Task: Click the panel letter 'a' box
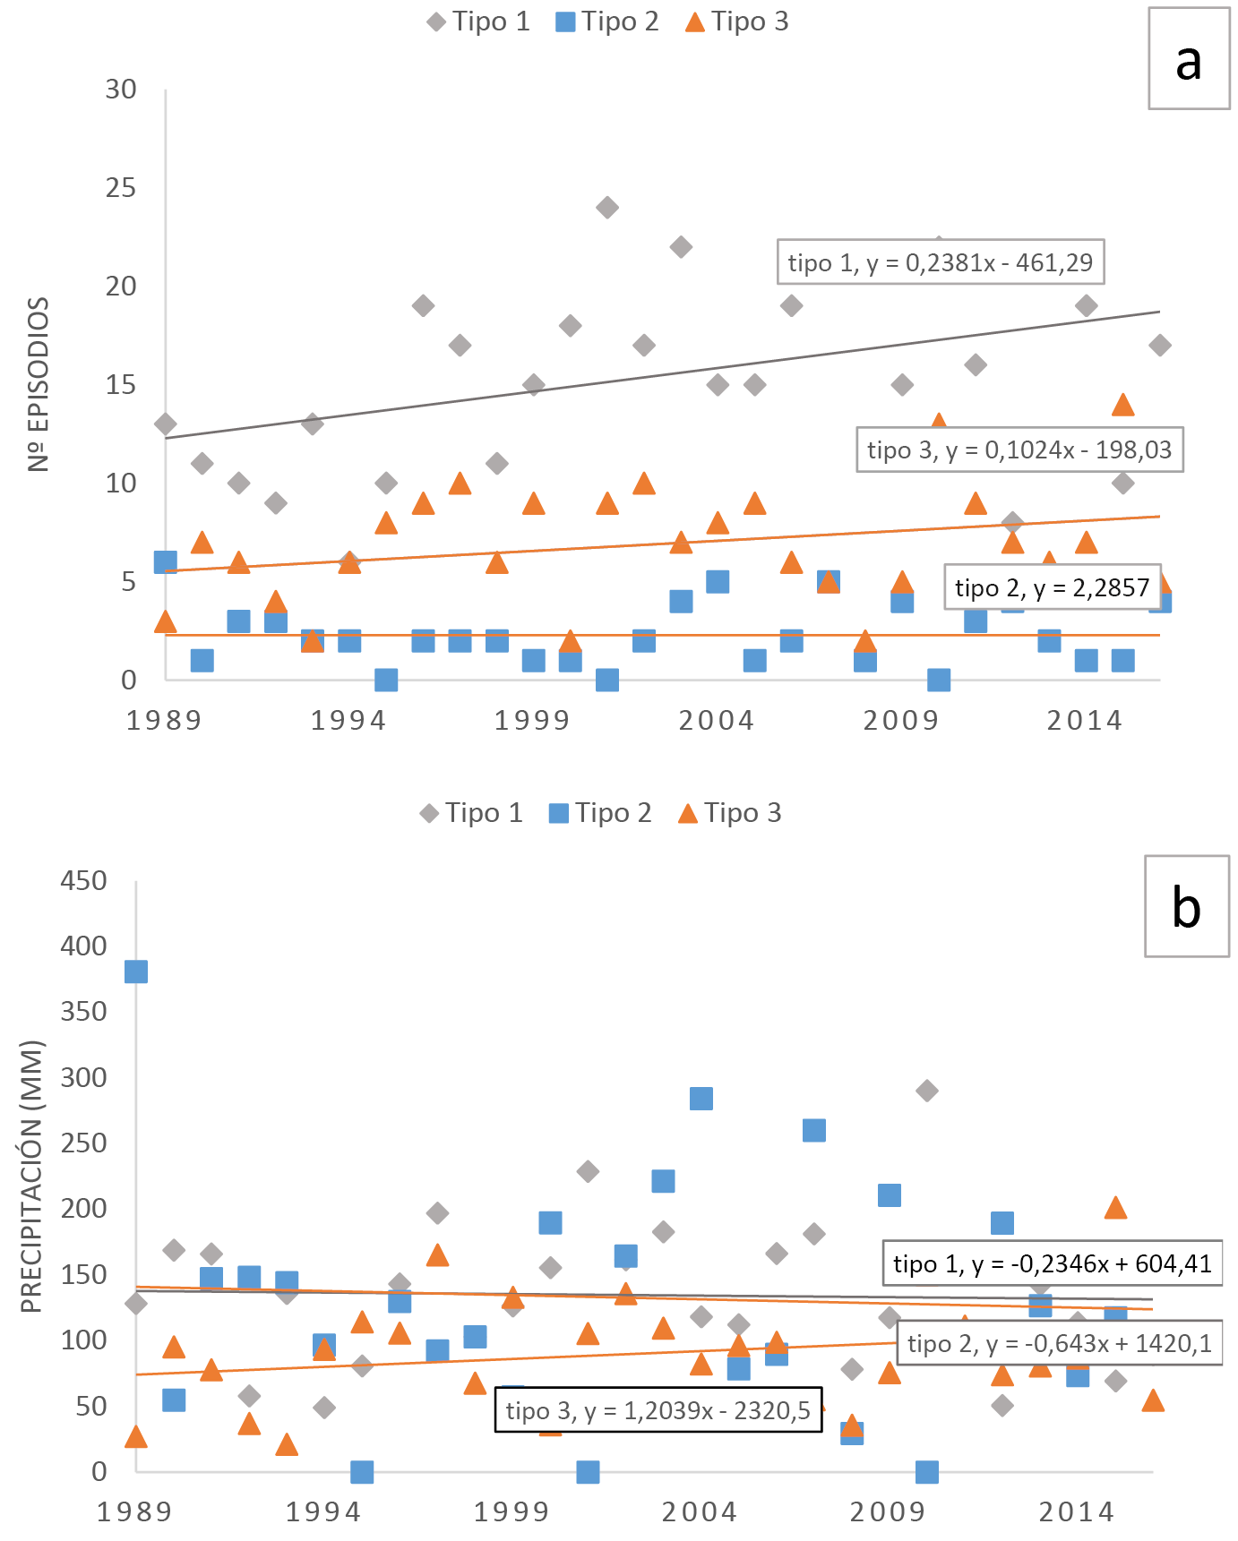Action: point(1189,58)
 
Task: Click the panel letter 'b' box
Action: point(1186,906)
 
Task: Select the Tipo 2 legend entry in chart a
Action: point(607,21)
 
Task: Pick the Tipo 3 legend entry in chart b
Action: point(730,813)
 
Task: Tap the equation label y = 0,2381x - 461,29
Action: point(940,262)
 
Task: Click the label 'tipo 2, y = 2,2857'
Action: point(1052,587)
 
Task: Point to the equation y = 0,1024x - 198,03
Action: point(1019,449)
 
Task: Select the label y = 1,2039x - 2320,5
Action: point(658,1410)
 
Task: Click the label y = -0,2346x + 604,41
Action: point(1052,1263)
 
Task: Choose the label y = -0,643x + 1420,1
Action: point(1059,1343)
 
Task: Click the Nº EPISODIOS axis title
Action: point(38,384)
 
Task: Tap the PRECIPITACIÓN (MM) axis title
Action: point(31,1176)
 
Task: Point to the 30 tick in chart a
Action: point(121,90)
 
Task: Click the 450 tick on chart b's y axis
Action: point(83,881)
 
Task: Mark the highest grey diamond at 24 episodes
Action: point(606,208)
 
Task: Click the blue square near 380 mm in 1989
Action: point(136,972)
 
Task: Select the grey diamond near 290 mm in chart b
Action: point(927,1091)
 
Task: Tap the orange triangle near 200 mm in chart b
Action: point(1115,1208)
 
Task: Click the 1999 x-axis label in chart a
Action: point(532,721)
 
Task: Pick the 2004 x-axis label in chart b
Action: point(699,1512)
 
